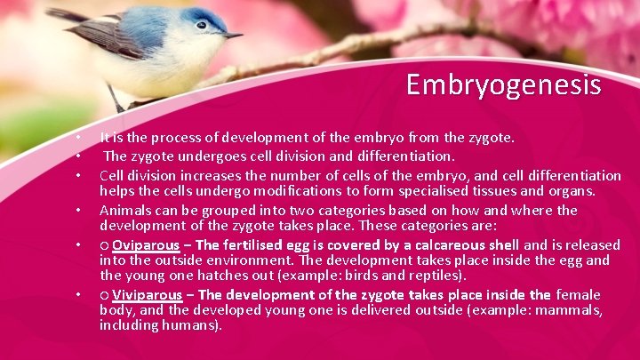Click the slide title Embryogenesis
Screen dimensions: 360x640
click(x=503, y=84)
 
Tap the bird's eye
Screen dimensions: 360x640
click(x=202, y=25)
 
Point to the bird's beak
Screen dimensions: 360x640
click(x=232, y=35)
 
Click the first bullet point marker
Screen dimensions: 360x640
click(x=78, y=139)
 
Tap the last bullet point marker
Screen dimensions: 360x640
click(x=78, y=294)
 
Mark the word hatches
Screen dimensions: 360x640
click(x=221, y=276)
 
